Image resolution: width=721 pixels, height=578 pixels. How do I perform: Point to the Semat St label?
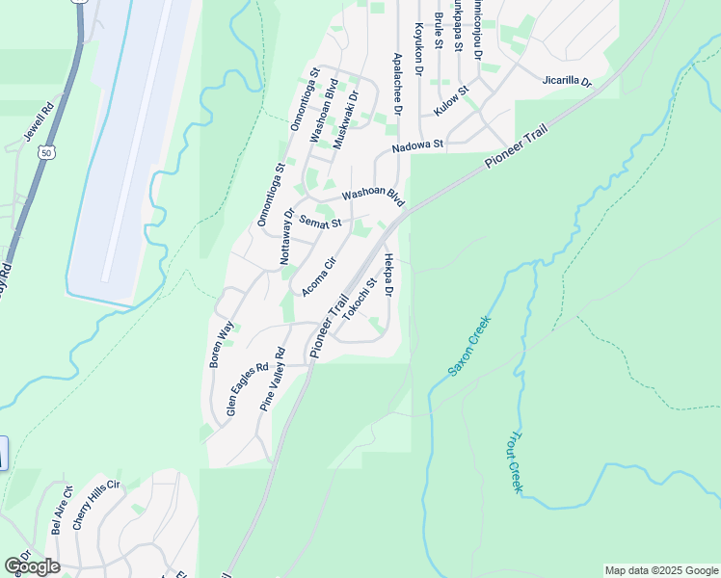(320, 223)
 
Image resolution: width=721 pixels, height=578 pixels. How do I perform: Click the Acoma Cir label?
(318, 276)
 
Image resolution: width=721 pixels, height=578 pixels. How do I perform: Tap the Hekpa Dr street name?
(388, 276)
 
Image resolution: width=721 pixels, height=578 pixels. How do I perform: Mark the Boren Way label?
(222, 345)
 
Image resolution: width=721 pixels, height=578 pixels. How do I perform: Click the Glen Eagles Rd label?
(247, 389)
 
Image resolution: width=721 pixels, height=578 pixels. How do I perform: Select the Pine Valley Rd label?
(274, 380)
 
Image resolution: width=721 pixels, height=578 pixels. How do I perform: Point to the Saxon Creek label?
(469, 345)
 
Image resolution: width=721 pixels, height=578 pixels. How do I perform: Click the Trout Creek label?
(515, 462)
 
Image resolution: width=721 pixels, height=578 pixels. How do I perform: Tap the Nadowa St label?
(416, 146)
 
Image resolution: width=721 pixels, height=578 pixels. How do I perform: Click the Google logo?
(32, 565)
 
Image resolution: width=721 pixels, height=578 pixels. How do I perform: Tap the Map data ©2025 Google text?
(661, 570)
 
